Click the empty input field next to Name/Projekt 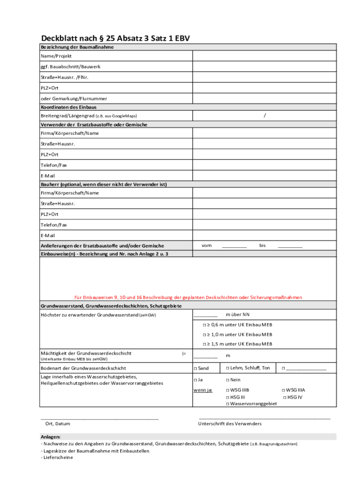265,56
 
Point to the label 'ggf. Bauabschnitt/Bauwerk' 71,67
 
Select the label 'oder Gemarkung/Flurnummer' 74,99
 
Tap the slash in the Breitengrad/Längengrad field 265,116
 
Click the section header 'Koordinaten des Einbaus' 69,107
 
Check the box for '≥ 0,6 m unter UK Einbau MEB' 204,325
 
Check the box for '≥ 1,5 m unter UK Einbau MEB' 204,344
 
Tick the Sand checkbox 195,369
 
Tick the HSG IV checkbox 285,397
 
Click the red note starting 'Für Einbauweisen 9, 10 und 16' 188,298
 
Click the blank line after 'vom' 234,247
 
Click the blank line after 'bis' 290,247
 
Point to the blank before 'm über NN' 206,316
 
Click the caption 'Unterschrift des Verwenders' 230,424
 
